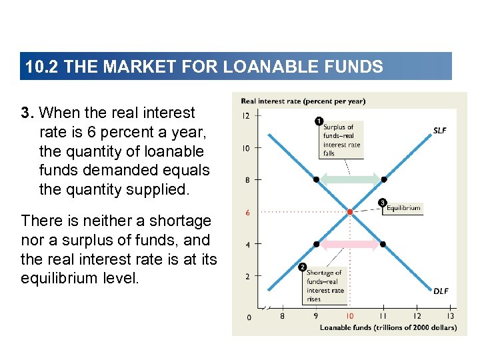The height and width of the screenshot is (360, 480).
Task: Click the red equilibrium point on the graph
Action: click(x=350, y=212)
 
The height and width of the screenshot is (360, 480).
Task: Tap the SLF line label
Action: click(x=440, y=131)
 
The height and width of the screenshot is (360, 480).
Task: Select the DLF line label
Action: click(x=441, y=291)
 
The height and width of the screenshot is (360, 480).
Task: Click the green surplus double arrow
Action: click(x=350, y=179)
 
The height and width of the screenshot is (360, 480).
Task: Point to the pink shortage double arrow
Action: click(x=350, y=245)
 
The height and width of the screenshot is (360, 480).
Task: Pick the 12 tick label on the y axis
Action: click(x=246, y=115)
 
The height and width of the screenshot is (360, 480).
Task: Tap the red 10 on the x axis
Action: click(x=350, y=316)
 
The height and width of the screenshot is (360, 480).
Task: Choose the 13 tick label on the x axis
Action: click(x=451, y=316)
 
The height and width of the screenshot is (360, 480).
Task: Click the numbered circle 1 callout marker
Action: click(x=318, y=121)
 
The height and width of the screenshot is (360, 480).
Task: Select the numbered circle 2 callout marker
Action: click(x=301, y=268)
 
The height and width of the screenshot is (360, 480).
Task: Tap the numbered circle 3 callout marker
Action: click(x=383, y=202)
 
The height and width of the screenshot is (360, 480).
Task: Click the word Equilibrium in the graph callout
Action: click(x=403, y=208)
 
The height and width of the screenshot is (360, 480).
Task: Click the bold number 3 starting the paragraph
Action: click(x=27, y=113)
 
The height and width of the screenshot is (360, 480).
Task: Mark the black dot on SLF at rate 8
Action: click(x=383, y=179)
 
